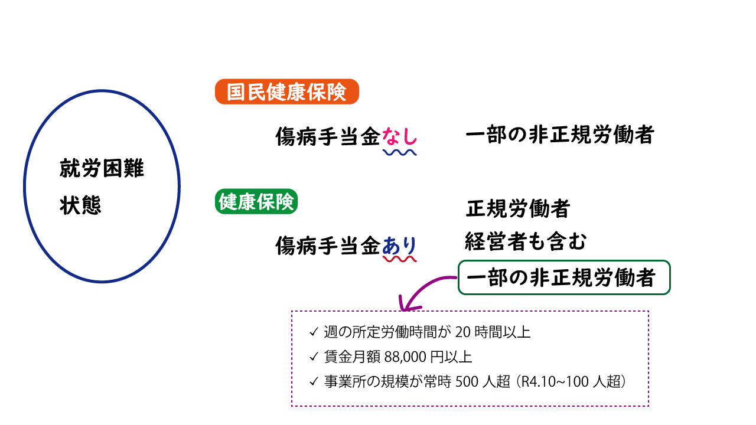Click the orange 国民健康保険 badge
287,91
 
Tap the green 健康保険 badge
256,201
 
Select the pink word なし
399,136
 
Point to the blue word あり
399,245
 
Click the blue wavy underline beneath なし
400,153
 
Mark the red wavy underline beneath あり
400,259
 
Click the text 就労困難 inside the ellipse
102,168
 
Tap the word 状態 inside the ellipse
80,205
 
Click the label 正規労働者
518,208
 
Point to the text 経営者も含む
526,241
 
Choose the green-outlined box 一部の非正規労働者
564,277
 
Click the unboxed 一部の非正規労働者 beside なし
559,134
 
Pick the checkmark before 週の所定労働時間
314,332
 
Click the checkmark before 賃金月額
314,357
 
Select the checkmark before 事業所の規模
314,381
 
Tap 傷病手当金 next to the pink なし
328,136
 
